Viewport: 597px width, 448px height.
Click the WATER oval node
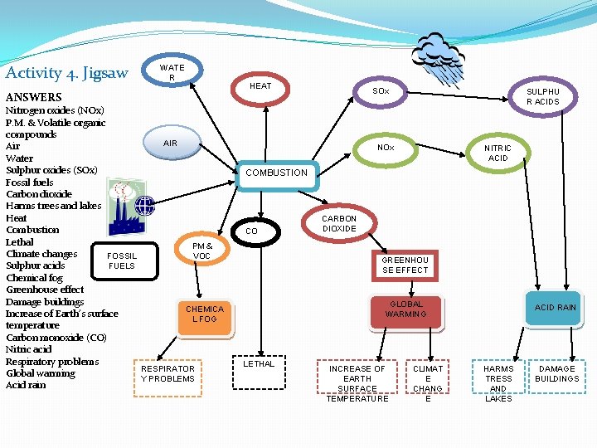point(172,73)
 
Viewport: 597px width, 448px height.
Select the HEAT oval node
point(260,86)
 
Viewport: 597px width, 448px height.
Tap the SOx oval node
point(381,90)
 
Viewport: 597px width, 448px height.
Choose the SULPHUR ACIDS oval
point(543,97)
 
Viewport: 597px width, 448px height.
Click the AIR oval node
point(170,144)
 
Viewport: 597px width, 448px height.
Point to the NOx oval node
point(386,148)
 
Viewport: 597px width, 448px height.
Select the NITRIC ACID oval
point(498,153)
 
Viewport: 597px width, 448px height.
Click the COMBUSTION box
point(276,173)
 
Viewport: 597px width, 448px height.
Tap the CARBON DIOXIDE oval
point(339,224)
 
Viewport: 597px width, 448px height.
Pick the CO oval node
point(253,231)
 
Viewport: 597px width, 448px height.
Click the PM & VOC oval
point(201,251)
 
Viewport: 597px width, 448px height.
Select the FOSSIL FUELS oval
point(121,261)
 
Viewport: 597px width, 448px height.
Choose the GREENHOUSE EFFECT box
point(405,265)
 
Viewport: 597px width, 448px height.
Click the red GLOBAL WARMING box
point(406,309)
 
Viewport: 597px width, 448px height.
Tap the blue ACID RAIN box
point(556,308)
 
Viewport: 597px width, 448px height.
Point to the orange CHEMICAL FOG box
point(205,314)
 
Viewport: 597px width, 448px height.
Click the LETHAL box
point(259,364)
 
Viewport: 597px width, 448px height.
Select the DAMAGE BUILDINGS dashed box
point(556,373)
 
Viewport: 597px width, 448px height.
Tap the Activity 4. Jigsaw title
point(66,73)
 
